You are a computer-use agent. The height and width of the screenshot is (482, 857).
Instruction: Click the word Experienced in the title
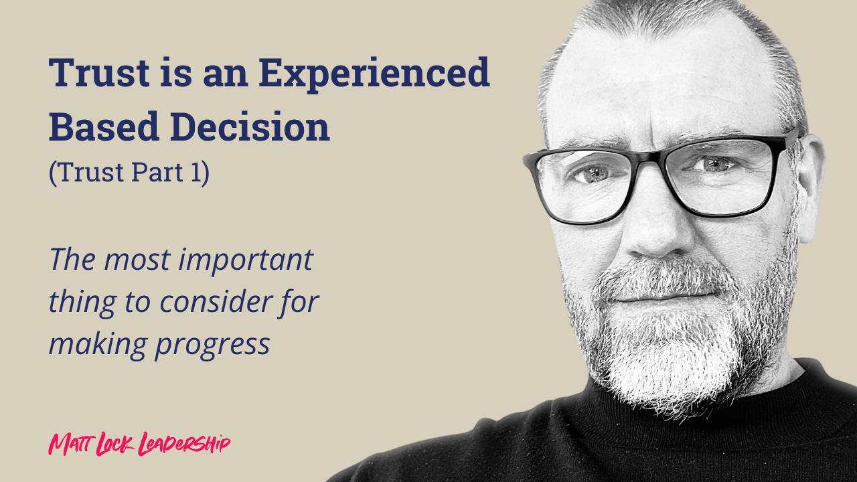(374, 74)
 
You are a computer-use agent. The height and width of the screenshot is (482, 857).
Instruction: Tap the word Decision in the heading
(250, 127)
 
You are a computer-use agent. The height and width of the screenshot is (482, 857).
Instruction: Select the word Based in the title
(104, 127)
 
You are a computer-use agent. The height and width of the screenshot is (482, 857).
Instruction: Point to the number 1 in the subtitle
(196, 172)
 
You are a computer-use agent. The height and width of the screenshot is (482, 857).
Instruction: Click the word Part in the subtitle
(157, 172)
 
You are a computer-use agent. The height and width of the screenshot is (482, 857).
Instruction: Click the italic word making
(98, 343)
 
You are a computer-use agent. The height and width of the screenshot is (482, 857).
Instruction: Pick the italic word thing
(82, 302)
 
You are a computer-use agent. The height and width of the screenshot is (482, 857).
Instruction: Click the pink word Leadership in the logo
(184, 444)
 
